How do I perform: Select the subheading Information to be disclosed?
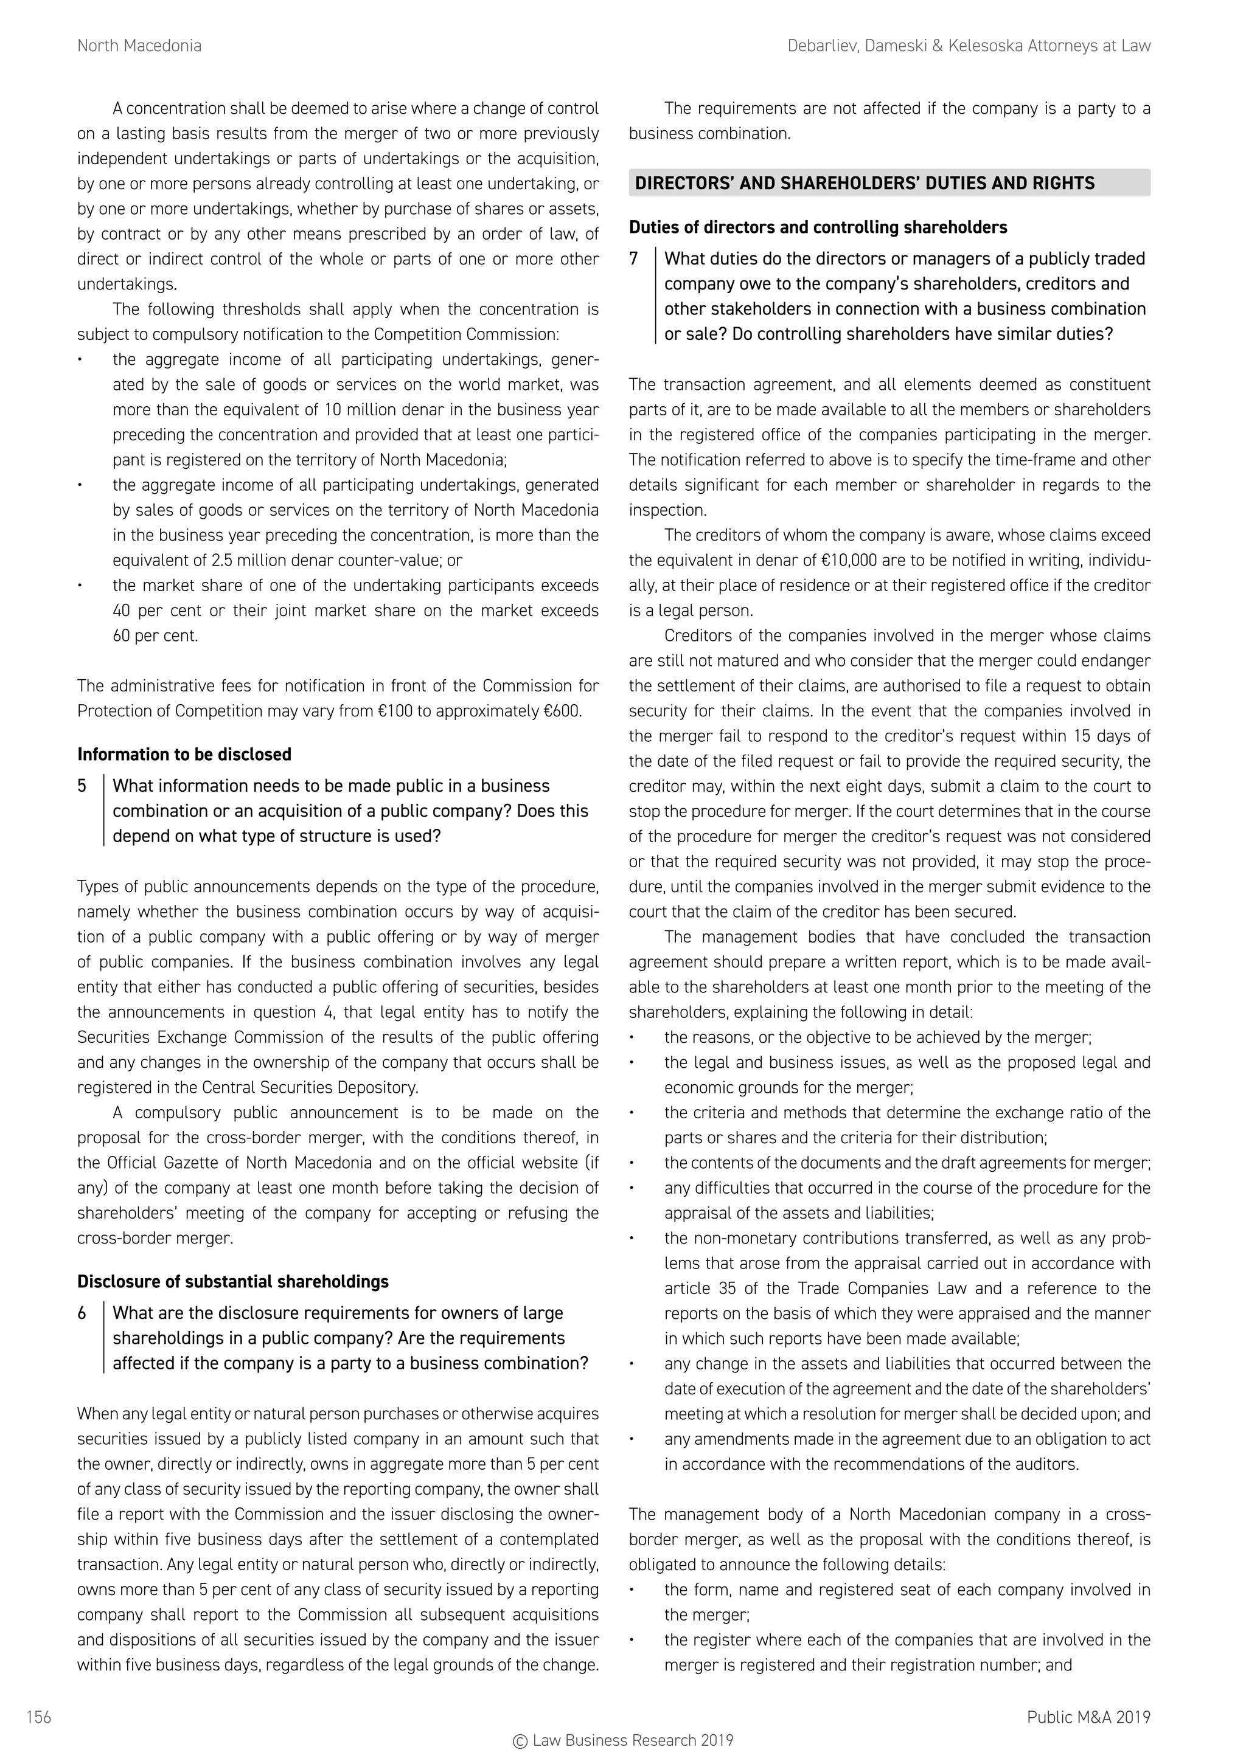tap(184, 755)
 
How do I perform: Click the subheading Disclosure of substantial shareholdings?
tap(232, 1282)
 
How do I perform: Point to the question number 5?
tap(82, 786)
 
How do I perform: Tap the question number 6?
tap(82, 1313)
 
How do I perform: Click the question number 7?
tap(634, 259)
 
